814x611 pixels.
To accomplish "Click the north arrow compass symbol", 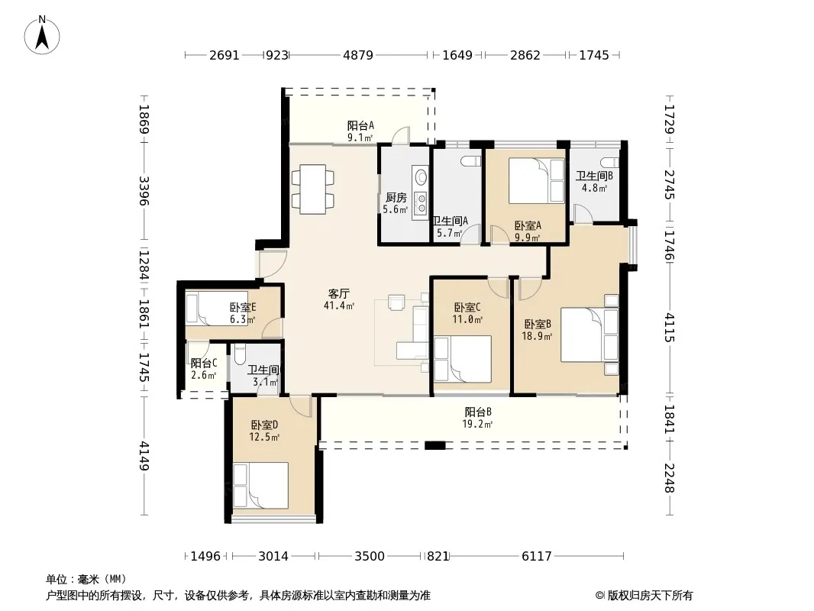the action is [42, 35].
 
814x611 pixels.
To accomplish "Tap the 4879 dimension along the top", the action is [358, 55].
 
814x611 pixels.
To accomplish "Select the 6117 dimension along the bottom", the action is [537, 557].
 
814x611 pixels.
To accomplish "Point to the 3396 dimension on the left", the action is [144, 191].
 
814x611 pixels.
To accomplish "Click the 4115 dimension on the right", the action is [670, 328].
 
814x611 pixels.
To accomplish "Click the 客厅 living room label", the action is [338, 294].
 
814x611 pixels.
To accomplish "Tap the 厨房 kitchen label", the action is [396, 198].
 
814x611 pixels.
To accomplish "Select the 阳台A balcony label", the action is [360, 125].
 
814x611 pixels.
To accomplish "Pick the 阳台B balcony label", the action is [478, 412].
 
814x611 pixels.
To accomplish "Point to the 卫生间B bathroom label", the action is [594, 176].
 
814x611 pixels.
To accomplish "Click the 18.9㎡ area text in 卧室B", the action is [537, 336].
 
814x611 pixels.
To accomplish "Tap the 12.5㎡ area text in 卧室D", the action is [264, 437].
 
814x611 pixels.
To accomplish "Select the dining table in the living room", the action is [312, 189].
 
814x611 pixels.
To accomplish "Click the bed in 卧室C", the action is [463, 359].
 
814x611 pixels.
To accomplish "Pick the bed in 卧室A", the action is [536, 181].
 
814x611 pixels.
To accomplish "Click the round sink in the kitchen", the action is [420, 176].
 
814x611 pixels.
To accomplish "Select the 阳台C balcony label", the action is [203, 364].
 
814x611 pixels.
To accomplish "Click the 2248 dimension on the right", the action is [670, 478].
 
